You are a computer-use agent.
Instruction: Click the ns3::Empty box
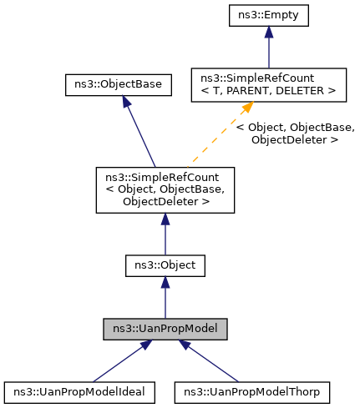(x=268, y=16)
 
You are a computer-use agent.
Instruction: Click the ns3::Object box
(x=165, y=265)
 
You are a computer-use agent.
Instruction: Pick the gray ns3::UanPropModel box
(x=165, y=329)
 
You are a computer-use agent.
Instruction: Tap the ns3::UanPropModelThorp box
(x=251, y=390)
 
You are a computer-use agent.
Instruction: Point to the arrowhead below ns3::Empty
(x=268, y=33)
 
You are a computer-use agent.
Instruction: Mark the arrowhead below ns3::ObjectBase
(x=125, y=100)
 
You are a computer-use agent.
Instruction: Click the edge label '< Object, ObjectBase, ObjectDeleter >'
(x=295, y=133)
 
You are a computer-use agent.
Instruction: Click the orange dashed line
(x=219, y=138)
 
